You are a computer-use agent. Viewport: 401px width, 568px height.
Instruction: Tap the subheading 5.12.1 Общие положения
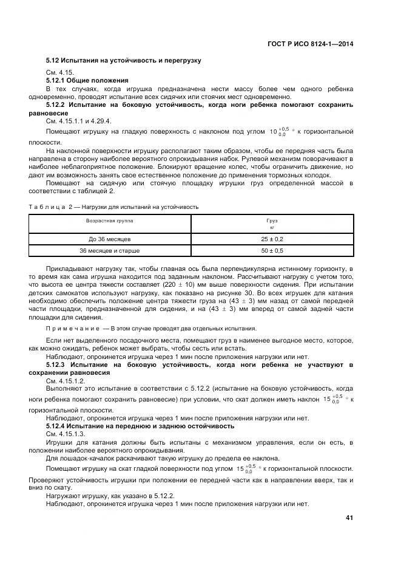pos(87,80)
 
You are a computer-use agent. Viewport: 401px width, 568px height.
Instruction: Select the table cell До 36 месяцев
pos(110,239)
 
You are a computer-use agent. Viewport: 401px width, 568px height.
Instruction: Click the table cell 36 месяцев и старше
pos(110,250)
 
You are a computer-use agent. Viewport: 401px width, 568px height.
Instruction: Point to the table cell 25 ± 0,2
pos(272,239)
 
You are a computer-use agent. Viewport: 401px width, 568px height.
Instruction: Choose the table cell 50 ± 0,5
pos(272,250)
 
